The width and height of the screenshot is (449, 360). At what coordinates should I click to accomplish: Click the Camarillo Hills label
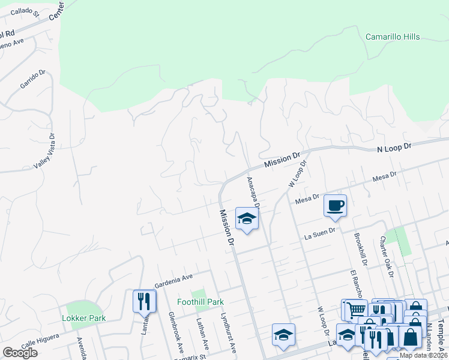(x=393, y=37)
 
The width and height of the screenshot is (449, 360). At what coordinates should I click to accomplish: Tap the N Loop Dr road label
(x=394, y=146)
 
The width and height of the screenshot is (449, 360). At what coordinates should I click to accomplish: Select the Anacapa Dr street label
(x=253, y=192)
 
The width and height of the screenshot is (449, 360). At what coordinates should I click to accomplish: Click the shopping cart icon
(x=355, y=310)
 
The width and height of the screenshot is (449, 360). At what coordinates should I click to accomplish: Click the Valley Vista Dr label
(x=45, y=150)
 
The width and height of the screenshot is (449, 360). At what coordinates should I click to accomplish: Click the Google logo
(x=20, y=353)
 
